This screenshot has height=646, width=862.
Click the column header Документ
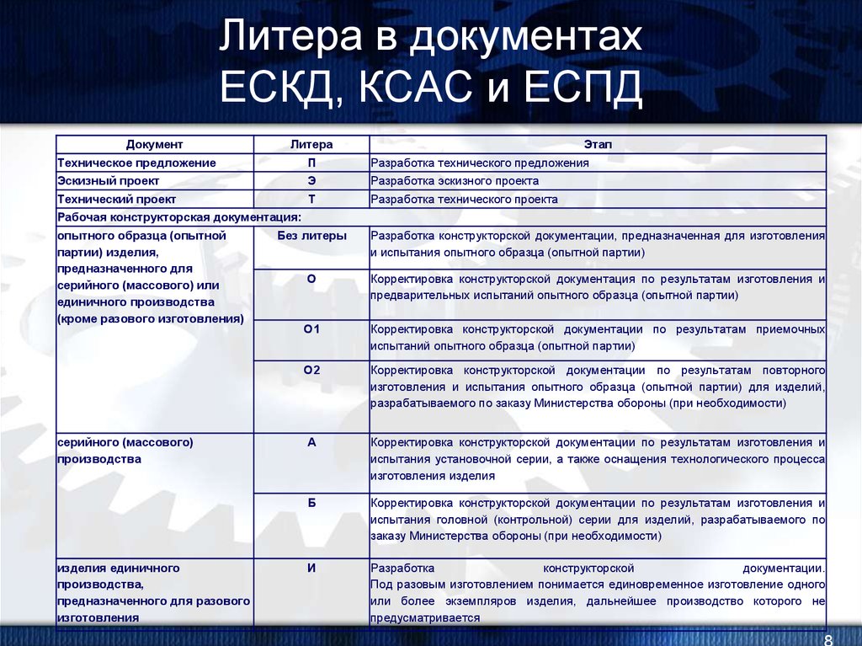(154, 145)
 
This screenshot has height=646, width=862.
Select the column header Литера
(311, 145)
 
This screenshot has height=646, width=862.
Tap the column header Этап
(598, 145)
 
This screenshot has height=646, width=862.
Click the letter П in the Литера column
(311, 163)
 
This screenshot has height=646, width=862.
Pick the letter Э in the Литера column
(311, 181)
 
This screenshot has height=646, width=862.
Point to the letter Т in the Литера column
(311, 200)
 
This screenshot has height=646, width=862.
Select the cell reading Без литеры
(311, 236)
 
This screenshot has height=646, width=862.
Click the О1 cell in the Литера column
(311, 328)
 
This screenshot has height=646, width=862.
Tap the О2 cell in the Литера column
(311, 369)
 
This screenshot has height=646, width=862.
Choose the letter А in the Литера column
(311, 441)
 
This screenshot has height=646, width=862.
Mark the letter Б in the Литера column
(311, 502)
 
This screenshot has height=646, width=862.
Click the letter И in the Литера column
(311, 568)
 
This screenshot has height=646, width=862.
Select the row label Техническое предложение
(136, 163)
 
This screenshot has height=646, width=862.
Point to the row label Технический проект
(116, 200)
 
